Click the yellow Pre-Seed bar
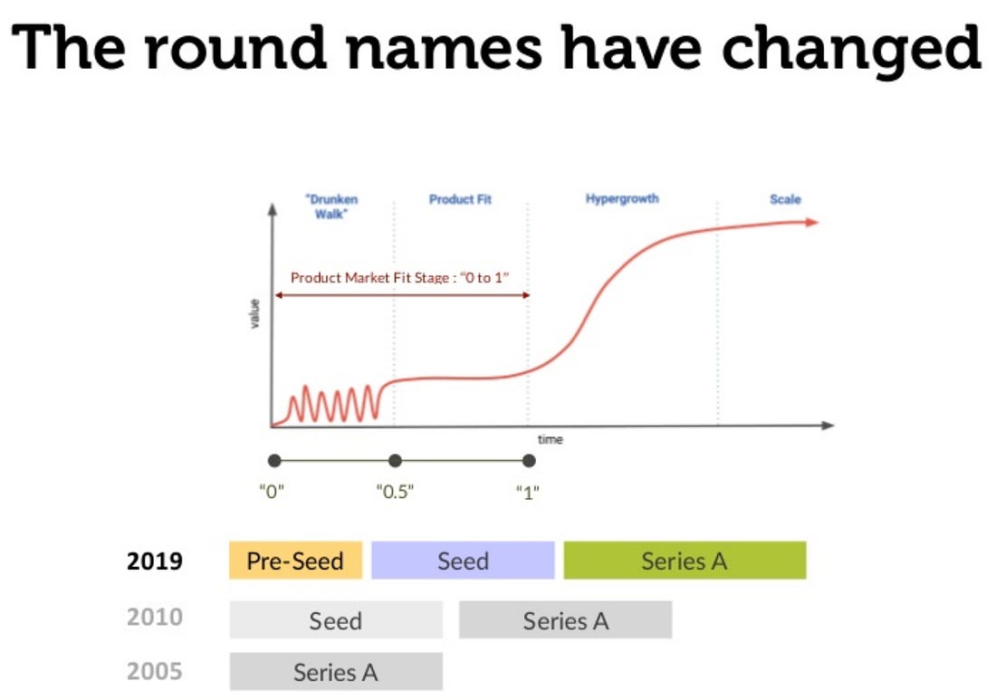click(x=295, y=561)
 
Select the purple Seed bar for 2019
click(x=463, y=561)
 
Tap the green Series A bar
click(x=685, y=561)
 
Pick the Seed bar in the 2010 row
click(x=336, y=620)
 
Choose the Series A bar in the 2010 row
click(x=565, y=620)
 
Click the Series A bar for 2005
click(x=336, y=671)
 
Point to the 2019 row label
click(x=154, y=561)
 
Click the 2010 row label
click(x=154, y=617)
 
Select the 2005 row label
click(x=154, y=671)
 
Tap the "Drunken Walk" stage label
click(x=331, y=206)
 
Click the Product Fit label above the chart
click(x=461, y=199)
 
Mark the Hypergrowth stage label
click(x=622, y=199)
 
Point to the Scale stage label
click(x=785, y=199)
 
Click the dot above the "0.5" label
click(x=395, y=461)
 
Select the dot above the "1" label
click(x=529, y=461)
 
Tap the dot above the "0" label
click(x=274, y=461)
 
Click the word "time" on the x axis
click(x=551, y=439)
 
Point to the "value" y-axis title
click(x=254, y=314)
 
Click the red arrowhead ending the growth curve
click(x=812, y=223)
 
